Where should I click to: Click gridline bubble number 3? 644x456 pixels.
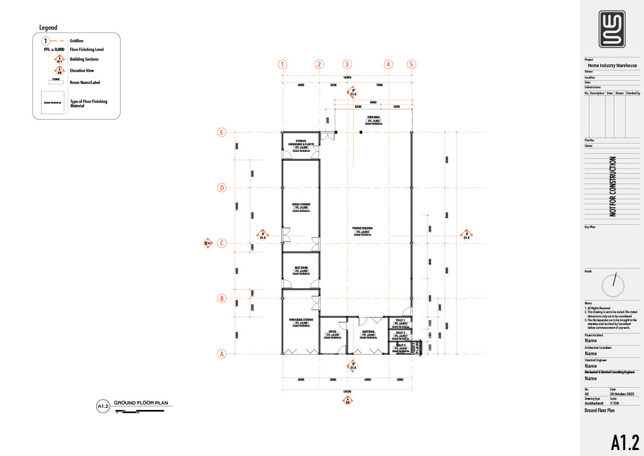(x=347, y=64)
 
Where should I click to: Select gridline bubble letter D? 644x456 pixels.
(x=221, y=188)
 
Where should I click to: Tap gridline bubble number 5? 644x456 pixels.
(x=411, y=64)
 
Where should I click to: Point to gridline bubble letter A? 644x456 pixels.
(x=221, y=354)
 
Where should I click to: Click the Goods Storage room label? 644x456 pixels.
(x=301, y=205)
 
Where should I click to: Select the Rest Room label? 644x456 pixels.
(x=301, y=268)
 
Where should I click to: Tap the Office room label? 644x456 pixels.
(x=333, y=331)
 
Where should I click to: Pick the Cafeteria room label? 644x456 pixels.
(x=368, y=331)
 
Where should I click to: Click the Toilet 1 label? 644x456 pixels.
(x=400, y=321)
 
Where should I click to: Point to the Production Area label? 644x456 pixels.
(x=361, y=229)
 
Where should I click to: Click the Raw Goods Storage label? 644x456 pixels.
(x=301, y=320)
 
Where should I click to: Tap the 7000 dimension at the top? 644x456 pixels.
(x=379, y=85)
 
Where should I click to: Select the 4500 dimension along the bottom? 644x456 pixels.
(x=368, y=380)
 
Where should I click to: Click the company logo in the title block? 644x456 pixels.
(x=612, y=29)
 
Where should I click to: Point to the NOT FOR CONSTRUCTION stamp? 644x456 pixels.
(x=613, y=187)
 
